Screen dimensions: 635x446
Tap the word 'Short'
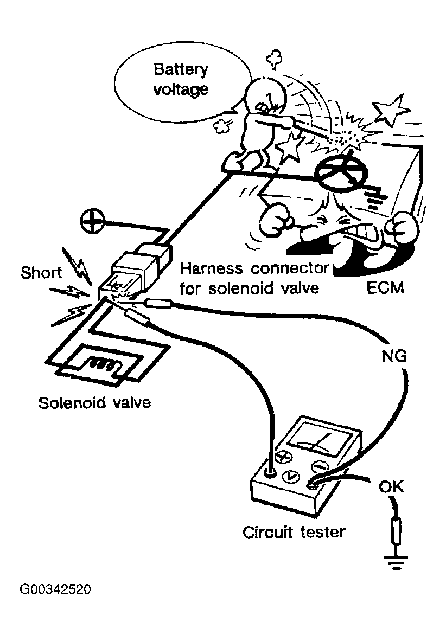pyautogui.click(x=41, y=272)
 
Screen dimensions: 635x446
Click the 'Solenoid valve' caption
pyautogui.click(x=94, y=403)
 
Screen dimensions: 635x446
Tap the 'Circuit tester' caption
pyautogui.click(x=294, y=531)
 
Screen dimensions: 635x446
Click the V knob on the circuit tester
pyautogui.click(x=292, y=476)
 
